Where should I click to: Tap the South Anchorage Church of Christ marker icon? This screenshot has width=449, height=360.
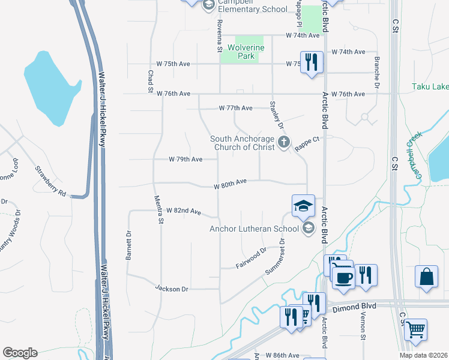click(x=284, y=143)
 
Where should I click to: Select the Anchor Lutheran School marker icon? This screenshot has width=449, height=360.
click(x=309, y=227)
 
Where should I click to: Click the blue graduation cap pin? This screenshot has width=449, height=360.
click(x=304, y=206)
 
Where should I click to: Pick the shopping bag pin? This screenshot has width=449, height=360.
click(x=427, y=277)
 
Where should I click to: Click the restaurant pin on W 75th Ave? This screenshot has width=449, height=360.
click(x=312, y=62)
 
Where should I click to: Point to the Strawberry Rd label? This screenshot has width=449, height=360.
click(x=50, y=181)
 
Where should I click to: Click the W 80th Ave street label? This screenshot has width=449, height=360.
click(x=231, y=184)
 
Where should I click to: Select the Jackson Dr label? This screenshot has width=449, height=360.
click(x=172, y=289)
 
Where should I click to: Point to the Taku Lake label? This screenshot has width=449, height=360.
click(x=430, y=86)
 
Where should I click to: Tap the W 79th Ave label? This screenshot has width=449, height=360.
click(x=185, y=159)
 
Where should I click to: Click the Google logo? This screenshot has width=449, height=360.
click(x=20, y=353)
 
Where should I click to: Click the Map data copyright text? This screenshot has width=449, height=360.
click(x=424, y=355)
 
